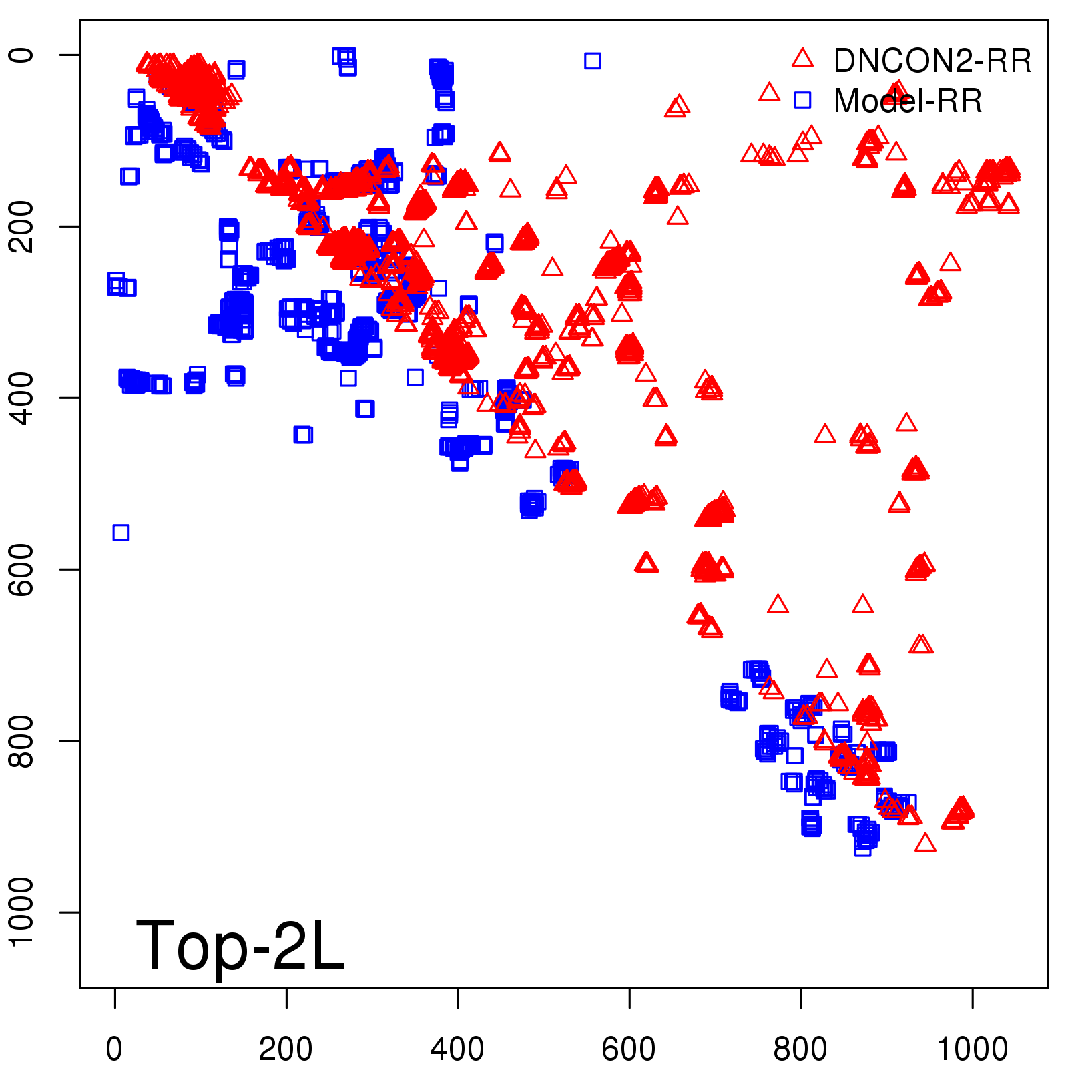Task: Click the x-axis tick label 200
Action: pyautogui.click(x=286, y=1049)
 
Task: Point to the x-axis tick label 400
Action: pyautogui.click(x=457, y=1049)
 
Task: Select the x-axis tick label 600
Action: pyautogui.click(x=629, y=1049)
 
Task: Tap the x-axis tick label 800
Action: pyautogui.click(x=800, y=1049)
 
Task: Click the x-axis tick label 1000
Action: pyautogui.click(x=972, y=1049)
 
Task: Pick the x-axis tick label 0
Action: pyautogui.click(x=115, y=1049)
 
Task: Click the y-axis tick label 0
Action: pyautogui.click(x=21, y=55)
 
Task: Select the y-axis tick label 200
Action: pyautogui.click(x=21, y=226)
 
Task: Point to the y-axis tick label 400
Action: pyautogui.click(x=21, y=398)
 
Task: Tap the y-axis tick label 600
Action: pyautogui.click(x=21, y=569)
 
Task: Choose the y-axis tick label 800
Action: pyautogui.click(x=21, y=741)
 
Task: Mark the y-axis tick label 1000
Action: pyautogui.click(x=21, y=912)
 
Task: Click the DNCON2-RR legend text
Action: pyautogui.click(x=932, y=61)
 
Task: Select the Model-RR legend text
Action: pyautogui.click(x=908, y=101)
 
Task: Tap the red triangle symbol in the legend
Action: pyautogui.click(x=802, y=59)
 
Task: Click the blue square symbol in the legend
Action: pyautogui.click(x=802, y=100)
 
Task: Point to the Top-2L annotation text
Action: pyautogui.click(x=240, y=945)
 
